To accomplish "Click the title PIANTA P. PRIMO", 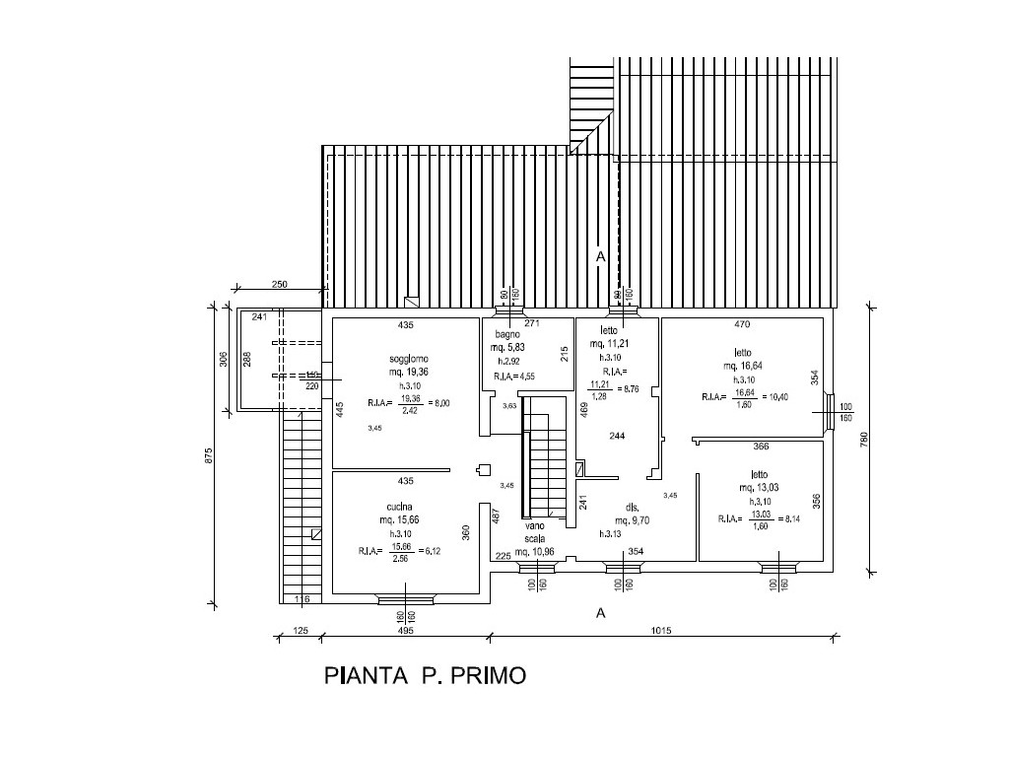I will (x=425, y=676).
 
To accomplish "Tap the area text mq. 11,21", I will (x=609, y=344).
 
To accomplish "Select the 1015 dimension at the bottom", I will (x=661, y=632).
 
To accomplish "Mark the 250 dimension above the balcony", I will (x=279, y=284).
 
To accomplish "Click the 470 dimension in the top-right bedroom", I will (x=743, y=323).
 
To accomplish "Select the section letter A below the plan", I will (x=599, y=613).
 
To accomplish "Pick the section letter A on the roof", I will (x=599, y=256).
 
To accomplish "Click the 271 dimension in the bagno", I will (x=532, y=323).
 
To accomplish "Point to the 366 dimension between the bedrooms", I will (x=761, y=447).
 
